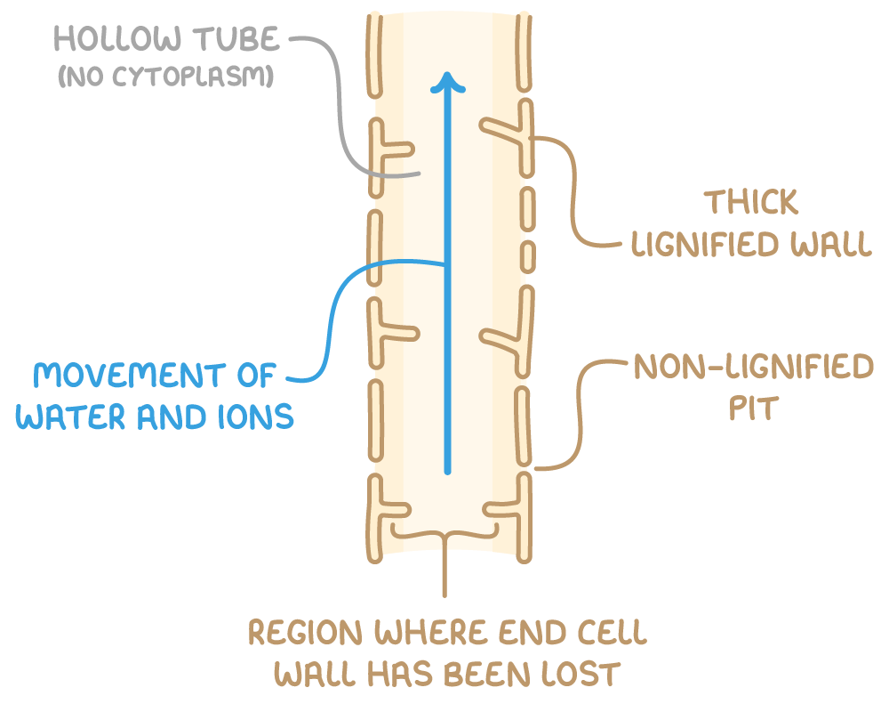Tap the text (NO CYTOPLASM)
pyautogui.click(x=164, y=78)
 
